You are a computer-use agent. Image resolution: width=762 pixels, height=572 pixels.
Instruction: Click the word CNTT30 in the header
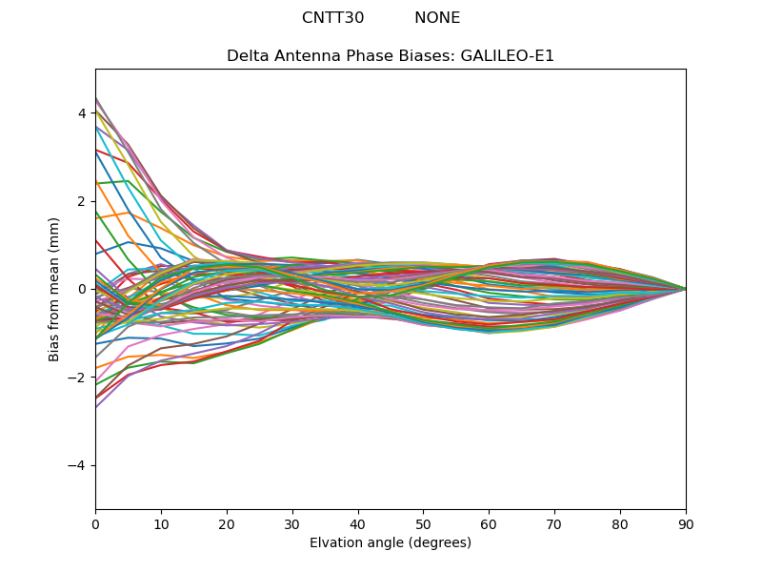[332, 18]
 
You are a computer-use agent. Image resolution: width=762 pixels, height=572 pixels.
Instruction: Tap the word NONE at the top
[437, 18]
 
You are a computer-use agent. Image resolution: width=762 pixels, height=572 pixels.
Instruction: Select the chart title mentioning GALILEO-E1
[391, 56]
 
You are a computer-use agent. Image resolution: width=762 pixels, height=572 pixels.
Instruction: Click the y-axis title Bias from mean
[55, 289]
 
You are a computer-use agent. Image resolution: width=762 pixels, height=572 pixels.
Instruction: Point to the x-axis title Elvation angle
[391, 542]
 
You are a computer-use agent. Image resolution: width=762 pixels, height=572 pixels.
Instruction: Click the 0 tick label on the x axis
[95, 523]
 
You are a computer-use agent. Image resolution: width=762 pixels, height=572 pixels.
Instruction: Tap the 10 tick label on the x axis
[161, 523]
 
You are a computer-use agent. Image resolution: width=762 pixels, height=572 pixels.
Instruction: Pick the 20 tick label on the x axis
[227, 523]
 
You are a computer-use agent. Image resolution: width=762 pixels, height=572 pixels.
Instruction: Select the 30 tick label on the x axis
[292, 523]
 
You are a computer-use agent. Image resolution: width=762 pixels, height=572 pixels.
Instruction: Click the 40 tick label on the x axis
[358, 523]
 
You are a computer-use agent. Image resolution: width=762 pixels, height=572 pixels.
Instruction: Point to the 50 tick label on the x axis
[423, 523]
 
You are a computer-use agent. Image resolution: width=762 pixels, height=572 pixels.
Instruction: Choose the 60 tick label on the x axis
[489, 523]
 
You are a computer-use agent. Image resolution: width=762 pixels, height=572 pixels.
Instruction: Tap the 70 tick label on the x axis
[554, 523]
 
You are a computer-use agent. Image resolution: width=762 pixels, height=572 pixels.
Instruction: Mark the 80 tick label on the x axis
[620, 523]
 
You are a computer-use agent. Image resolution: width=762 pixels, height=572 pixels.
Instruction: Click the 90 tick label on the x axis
[686, 523]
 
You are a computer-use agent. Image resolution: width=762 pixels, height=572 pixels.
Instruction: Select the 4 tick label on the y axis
[82, 113]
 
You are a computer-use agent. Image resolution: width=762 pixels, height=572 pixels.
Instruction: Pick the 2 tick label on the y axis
[82, 201]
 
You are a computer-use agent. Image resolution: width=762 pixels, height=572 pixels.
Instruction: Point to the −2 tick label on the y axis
[78, 378]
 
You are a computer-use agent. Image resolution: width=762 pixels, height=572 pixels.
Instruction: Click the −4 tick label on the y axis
[78, 465]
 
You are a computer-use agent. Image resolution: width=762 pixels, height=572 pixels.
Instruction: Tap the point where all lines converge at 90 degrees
[686, 289]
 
